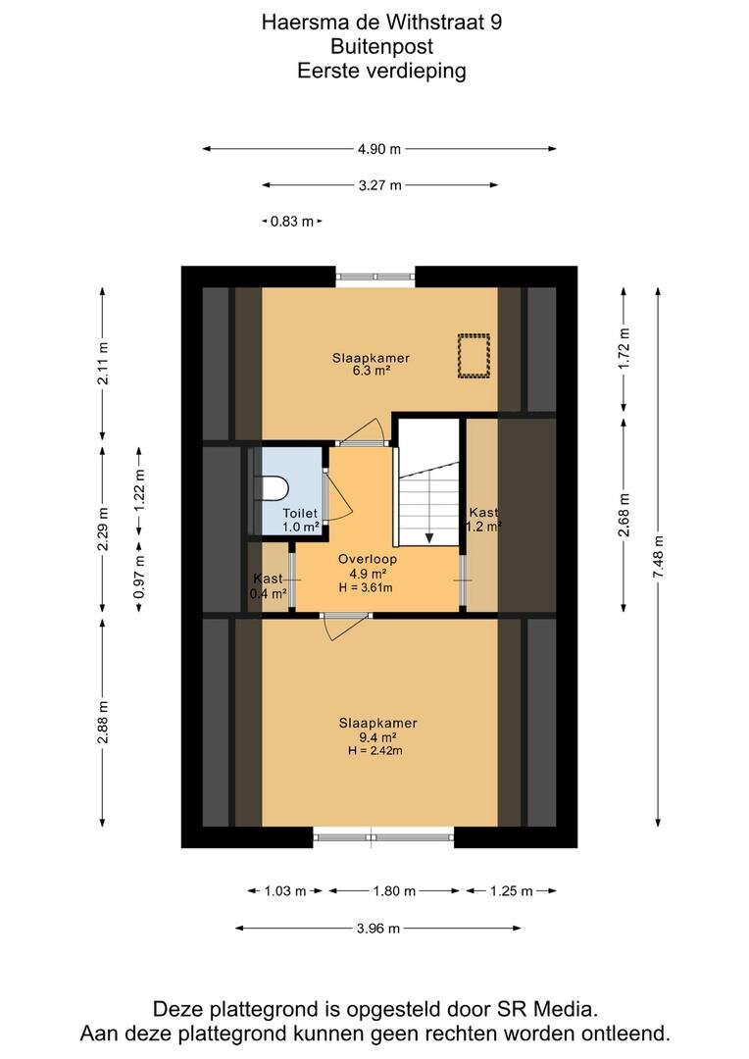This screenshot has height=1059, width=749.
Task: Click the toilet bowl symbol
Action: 275,487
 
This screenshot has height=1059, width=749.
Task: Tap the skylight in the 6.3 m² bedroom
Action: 474,355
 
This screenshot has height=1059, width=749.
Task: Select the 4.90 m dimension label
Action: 378,149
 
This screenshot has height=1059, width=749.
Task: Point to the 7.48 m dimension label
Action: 659,556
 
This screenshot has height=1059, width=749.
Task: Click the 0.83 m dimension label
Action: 292,221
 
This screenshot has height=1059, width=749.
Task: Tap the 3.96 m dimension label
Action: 378,928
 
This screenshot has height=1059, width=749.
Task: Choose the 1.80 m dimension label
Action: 394,890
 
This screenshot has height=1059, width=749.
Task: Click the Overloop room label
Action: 368,559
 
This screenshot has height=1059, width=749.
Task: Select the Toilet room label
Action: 300,514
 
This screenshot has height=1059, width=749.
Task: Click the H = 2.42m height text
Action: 374,750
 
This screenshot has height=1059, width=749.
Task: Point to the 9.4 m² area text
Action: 377,736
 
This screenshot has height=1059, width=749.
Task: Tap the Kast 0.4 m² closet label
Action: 268,586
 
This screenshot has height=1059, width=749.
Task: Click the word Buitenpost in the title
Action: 381,47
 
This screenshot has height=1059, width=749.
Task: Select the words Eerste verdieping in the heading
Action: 381,71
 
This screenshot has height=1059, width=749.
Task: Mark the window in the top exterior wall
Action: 375,276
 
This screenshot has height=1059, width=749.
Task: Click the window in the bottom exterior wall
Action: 383,837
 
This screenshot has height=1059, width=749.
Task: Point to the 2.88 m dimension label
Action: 103,722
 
